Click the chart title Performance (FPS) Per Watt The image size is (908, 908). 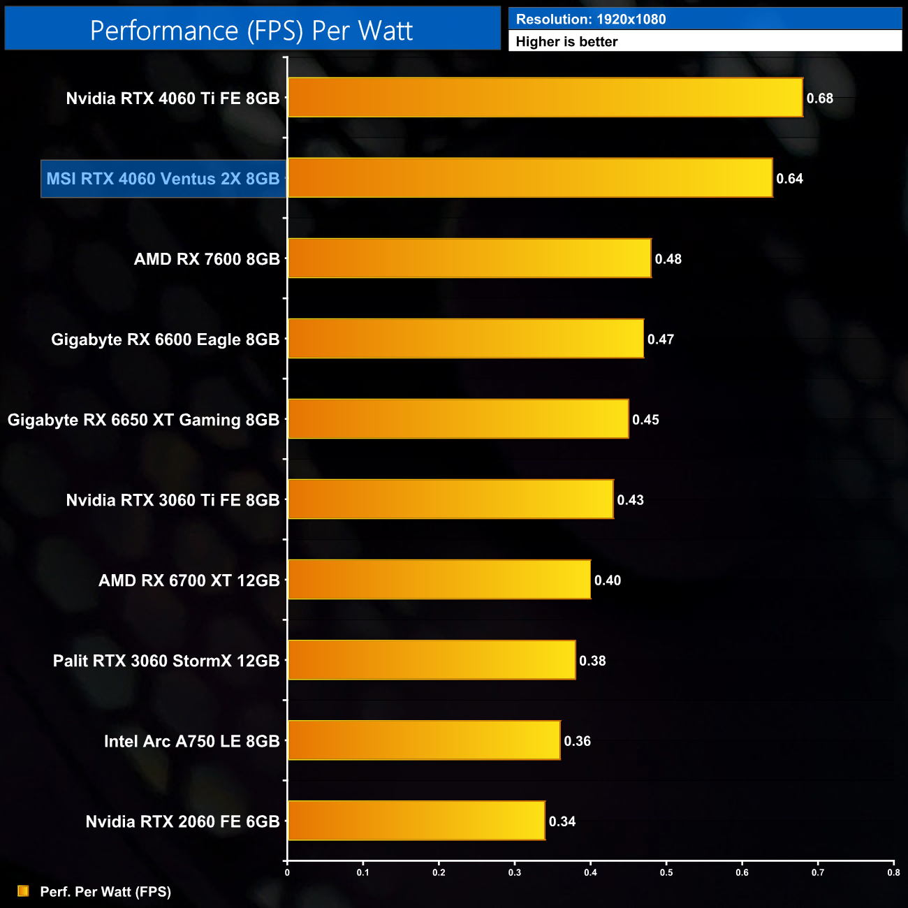[x=251, y=31]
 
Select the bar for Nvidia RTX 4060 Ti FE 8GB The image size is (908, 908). [x=545, y=98]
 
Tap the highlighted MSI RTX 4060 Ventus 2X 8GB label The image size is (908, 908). [x=163, y=179]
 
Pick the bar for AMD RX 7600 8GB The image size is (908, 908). [x=469, y=258]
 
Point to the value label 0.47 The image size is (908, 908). [x=660, y=339]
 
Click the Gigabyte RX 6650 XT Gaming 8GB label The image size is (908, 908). [x=143, y=420]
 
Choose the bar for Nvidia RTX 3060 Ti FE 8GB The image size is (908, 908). [x=451, y=499]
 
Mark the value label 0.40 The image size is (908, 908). [x=607, y=580]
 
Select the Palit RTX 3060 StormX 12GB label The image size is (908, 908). [x=166, y=661]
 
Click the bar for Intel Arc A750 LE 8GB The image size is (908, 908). [x=424, y=740]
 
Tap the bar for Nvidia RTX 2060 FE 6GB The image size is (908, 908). [x=416, y=821]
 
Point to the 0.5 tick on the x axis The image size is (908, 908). [x=666, y=872]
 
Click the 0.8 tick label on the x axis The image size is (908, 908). [x=893, y=872]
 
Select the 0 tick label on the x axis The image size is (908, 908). [x=287, y=872]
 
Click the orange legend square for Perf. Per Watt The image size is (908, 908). [x=23, y=891]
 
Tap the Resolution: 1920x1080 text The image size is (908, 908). [x=591, y=20]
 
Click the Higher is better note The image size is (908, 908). [x=566, y=42]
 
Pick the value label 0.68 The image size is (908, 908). [x=819, y=98]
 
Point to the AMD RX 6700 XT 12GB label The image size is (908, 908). [x=189, y=580]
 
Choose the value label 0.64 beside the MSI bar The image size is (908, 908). [x=789, y=179]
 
